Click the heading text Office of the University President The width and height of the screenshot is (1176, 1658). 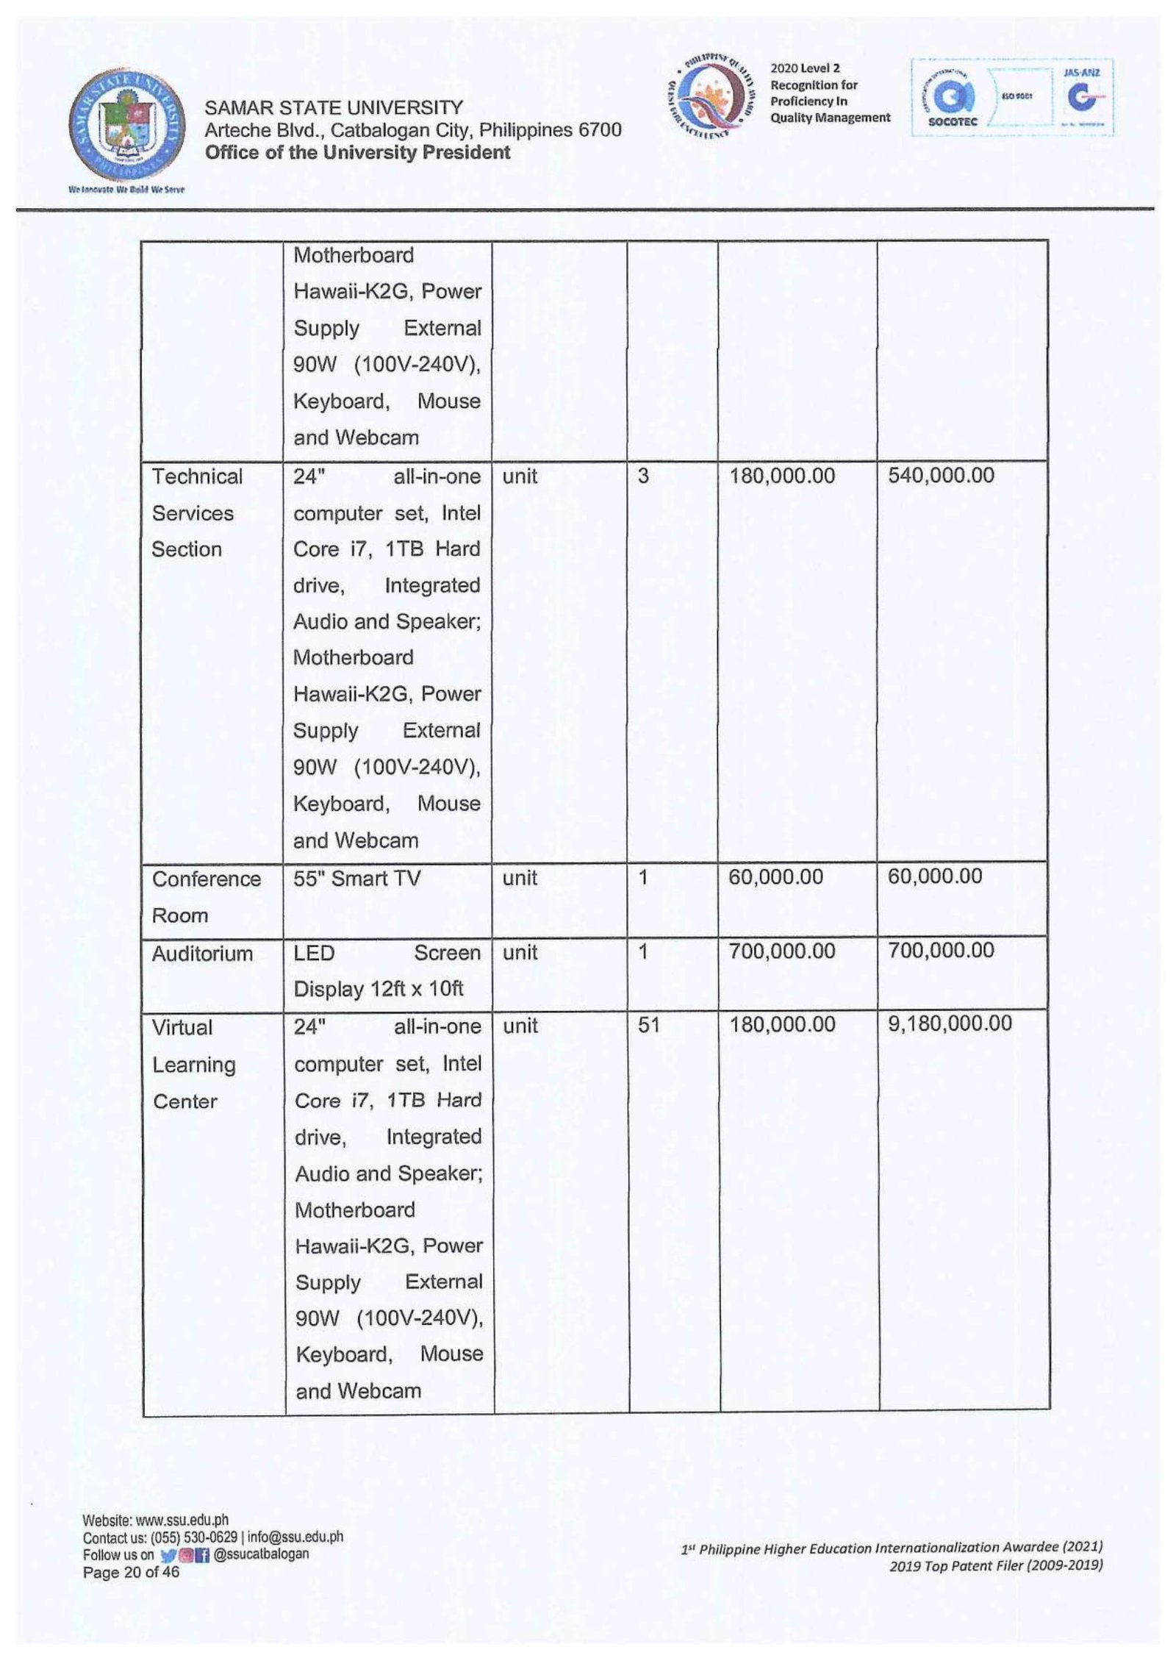click(357, 153)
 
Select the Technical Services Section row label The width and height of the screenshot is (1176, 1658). click(196, 513)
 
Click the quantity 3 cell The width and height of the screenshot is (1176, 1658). click(643, 476)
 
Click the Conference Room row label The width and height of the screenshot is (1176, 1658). click(206, 897)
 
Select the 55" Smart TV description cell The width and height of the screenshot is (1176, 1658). click(356, 879)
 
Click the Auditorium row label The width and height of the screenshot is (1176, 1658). click(202, 954)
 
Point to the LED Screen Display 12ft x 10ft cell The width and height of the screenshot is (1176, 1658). click(387, 971)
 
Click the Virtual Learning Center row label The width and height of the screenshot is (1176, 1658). click(193, 1064)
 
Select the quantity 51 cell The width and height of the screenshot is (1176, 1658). click(649, 1026)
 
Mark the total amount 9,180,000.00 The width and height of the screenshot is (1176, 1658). click(950, 1024)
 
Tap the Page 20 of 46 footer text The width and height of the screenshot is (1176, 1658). click(131, 1573)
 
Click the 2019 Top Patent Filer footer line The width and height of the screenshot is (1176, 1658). click(995, 1566)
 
